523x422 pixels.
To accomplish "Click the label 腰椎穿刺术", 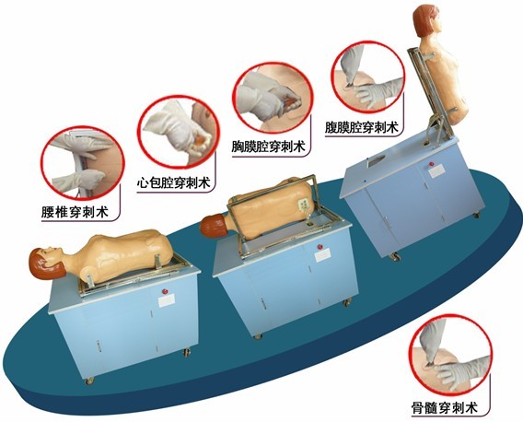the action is click(76, 212).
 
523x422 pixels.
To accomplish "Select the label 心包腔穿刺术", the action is click(173, 182).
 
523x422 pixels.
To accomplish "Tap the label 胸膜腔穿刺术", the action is click(269, 147).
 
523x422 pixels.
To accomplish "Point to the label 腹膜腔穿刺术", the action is click(362, 127).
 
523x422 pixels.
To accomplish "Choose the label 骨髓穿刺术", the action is click(445, 407).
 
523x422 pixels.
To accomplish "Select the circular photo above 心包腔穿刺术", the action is click(179, 132).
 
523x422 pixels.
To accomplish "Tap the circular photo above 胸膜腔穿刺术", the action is click(273, 97).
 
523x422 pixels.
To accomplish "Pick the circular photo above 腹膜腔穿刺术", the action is click(368, 76).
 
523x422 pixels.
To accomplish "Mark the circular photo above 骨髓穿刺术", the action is click(451, 354).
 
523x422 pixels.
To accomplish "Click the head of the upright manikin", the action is click(428, 20).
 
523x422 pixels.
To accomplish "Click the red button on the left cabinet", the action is click(165, 291).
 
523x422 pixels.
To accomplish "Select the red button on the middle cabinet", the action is click(320, 247).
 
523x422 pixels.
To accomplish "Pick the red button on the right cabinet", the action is click(432, 164).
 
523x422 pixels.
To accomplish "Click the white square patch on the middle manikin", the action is click(305, 204).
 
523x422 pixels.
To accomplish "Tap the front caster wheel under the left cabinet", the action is click(89, 381).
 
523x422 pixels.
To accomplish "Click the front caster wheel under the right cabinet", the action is click(396, 257).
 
